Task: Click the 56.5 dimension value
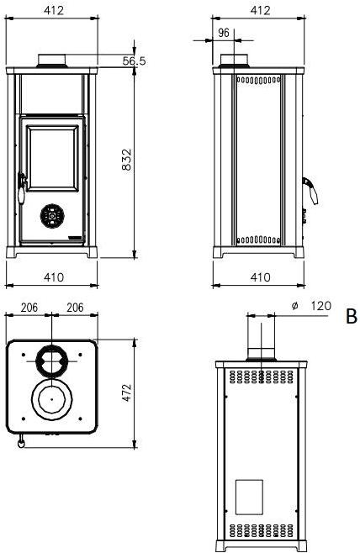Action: point(134,61)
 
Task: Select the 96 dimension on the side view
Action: point(224,33)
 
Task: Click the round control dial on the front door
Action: point(52,216)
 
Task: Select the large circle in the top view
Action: point(52,400)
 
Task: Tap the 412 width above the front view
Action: point(52,11)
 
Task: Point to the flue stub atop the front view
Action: point(52,60)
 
